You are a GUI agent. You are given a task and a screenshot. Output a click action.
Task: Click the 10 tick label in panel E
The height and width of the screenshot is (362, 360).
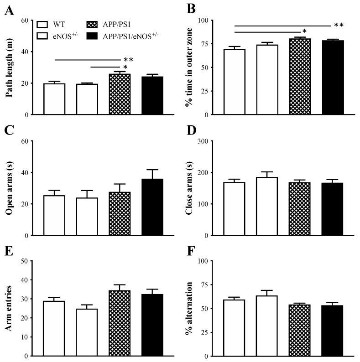click(x=25, y=337)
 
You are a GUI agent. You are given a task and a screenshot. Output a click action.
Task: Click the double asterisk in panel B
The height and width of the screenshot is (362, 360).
click(x=339, y=26)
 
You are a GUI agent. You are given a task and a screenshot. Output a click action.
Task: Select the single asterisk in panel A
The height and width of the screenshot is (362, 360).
click(x=125, y=67)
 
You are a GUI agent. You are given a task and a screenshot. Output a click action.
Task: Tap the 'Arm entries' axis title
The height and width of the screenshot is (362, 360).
click(x=9, y=309)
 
